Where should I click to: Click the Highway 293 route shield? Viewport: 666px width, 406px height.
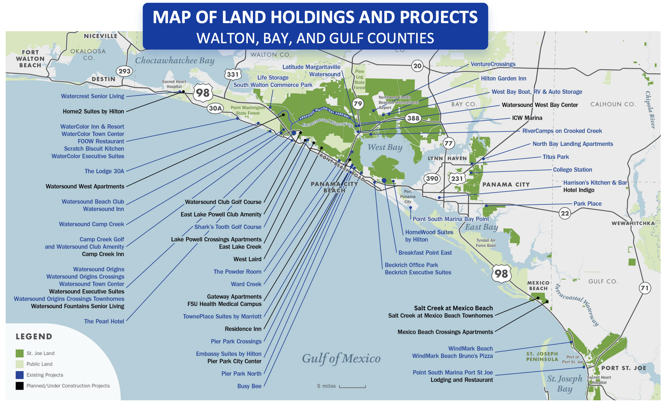[124, 71]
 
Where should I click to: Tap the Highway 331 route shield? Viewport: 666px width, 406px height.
[232, 74]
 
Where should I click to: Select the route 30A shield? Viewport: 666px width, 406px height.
[215, 108]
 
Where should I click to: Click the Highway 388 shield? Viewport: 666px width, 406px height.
[413, 118]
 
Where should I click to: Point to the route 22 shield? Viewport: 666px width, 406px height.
[565, 213]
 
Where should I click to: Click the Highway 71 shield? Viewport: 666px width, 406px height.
[645, 288]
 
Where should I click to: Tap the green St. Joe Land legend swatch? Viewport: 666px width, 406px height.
[20, 353]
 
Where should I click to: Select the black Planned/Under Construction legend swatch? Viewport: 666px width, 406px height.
[20, 386]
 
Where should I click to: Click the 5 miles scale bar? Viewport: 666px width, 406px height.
[352, 386]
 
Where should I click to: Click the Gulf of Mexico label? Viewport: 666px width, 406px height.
[341, 358]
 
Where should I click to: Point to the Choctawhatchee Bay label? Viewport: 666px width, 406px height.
[175, 60]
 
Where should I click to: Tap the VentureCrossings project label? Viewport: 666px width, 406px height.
[493, 64]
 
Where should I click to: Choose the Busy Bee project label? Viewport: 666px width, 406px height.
[249, 386]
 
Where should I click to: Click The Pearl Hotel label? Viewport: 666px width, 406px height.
[104, 321]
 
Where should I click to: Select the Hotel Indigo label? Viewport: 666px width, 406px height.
[579, 190]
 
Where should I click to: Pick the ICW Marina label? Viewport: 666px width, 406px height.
[527, 118]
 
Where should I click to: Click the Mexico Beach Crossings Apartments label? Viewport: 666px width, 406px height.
[445, 332]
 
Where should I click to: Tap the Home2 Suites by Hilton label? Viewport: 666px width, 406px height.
[93, 111]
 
